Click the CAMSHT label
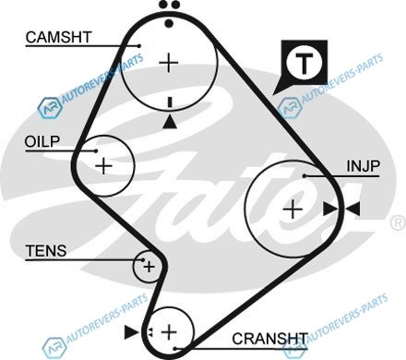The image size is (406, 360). pyautogui.click(x=58, y=37)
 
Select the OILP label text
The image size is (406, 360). pyautogui.click(x=42, y=141)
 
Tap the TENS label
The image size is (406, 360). pyautogui.click(x=46, y=251)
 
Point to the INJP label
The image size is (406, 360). pyautogui.click(x=364, y=166)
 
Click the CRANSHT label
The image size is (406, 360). pyautogui.click(x=269, y=339)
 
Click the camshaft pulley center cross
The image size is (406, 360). pyautogui.click(x=169, y=63)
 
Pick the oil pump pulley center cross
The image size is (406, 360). pyautogui.click(x=104, y=166)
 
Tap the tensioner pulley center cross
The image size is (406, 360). pyautogui.click(x=149, y=267)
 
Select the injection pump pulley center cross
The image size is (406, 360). pyautogui.click(x=293, y=210)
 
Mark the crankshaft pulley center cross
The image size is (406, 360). pyautogui.click(x=169, y=332)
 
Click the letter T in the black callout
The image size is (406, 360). pyautogui.click(x=304, y=63)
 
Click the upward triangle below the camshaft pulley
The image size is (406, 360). pyautogui.click(x=170, y=122)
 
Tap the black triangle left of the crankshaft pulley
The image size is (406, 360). pyautogui.click(x=131, y=332)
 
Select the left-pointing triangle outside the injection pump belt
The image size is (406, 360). pyautogui.click(x=352, y=209)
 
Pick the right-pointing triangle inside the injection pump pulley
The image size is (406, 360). pyautogui.click(x=330, y=209)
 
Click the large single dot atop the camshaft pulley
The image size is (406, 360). pyautogui.click(x=169, y=23)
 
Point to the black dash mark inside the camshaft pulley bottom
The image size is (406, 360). pyautogui.click(x=170, y=102)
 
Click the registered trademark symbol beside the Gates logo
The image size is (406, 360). pyautogui.click(x=399, y=222)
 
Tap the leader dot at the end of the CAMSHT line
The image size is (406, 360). pyautogui.click(x=138, y=46)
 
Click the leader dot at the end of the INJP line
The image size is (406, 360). pyautogui.click(x=304, y=176)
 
